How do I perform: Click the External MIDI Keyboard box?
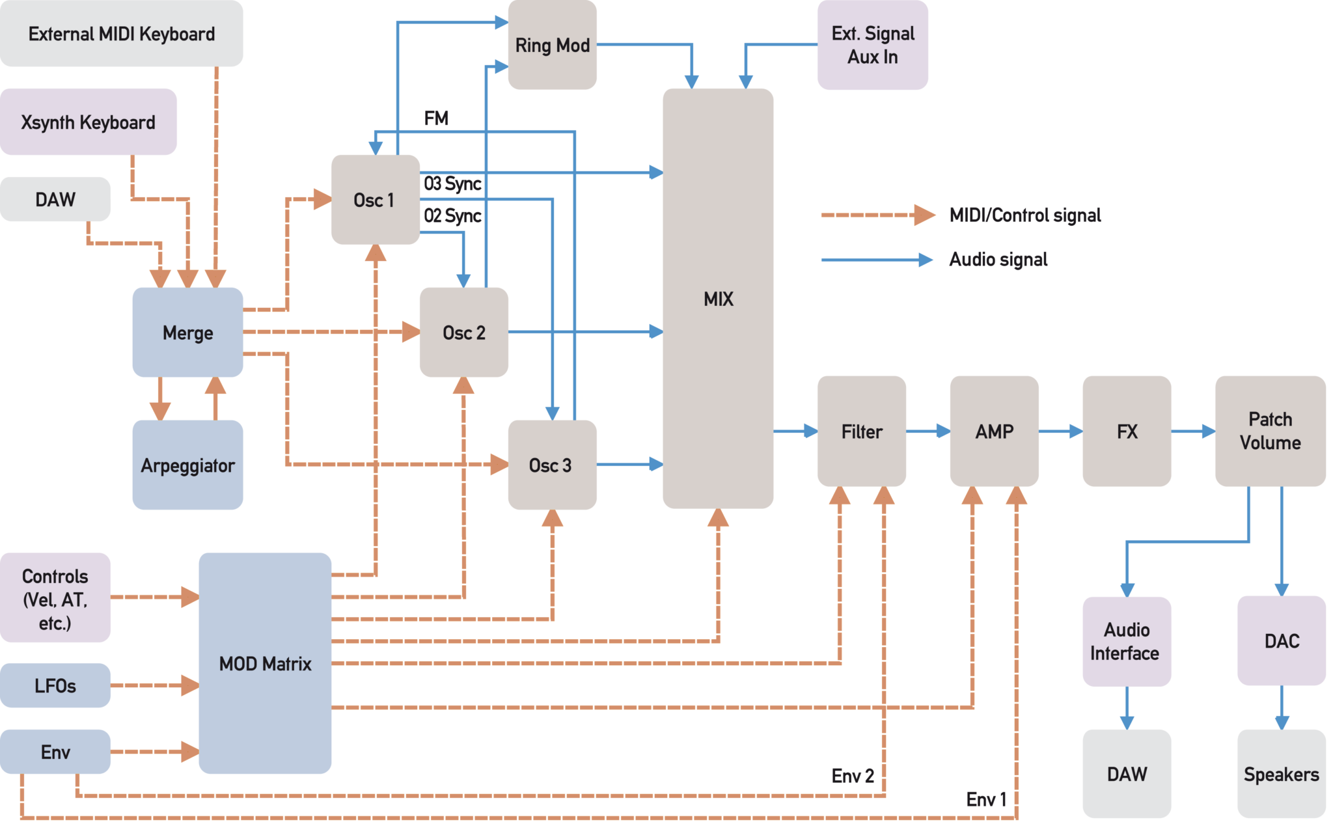coord(122,34)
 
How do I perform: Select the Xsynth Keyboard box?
coord(89,122)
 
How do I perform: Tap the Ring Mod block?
coord(552,46)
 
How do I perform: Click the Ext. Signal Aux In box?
coord(873,45)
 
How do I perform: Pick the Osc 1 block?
coord(374,200)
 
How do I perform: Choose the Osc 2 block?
coord(463,333)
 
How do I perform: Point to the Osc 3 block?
coord(551,465)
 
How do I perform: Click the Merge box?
coord(187,333)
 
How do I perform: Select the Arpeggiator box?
coord(187,465)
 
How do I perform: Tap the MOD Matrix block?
coord(265,663)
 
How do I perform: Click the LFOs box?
coord(55,685)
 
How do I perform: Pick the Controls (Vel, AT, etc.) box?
coord(55,599)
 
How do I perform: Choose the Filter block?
coord(862,432)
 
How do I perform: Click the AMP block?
coord(994,432)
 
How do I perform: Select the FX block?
coord(1127,432)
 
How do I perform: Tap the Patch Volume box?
coord(1270,431)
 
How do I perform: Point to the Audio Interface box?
coord(1126,641)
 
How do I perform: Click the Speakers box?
coord(1281,774)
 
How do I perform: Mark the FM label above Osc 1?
coord(436,119)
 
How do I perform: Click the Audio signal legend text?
coord(998,260)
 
